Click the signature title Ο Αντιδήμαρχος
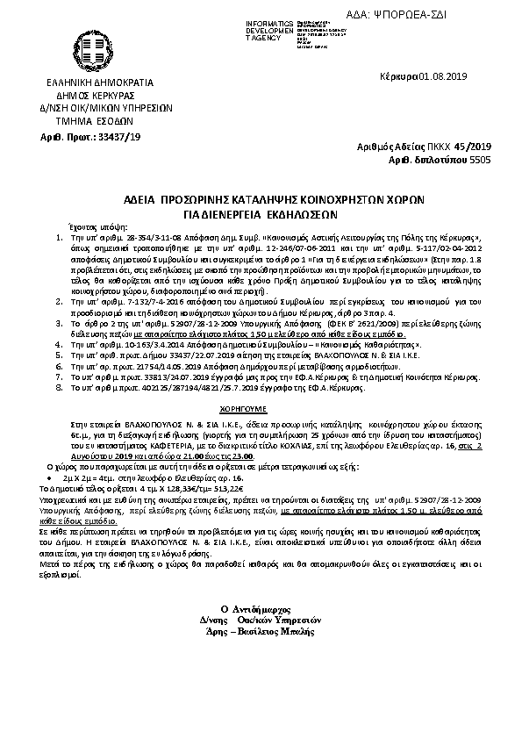261,608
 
